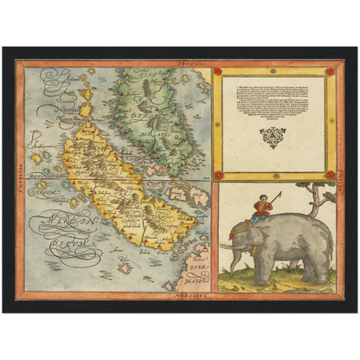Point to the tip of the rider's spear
(280, 193)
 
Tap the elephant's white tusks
(230, 247)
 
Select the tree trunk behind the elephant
(318, 202)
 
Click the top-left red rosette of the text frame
(218, 72)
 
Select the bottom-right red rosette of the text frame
(330, 175)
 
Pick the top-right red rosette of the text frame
(330, 72)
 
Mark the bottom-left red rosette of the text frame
(218, 175)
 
